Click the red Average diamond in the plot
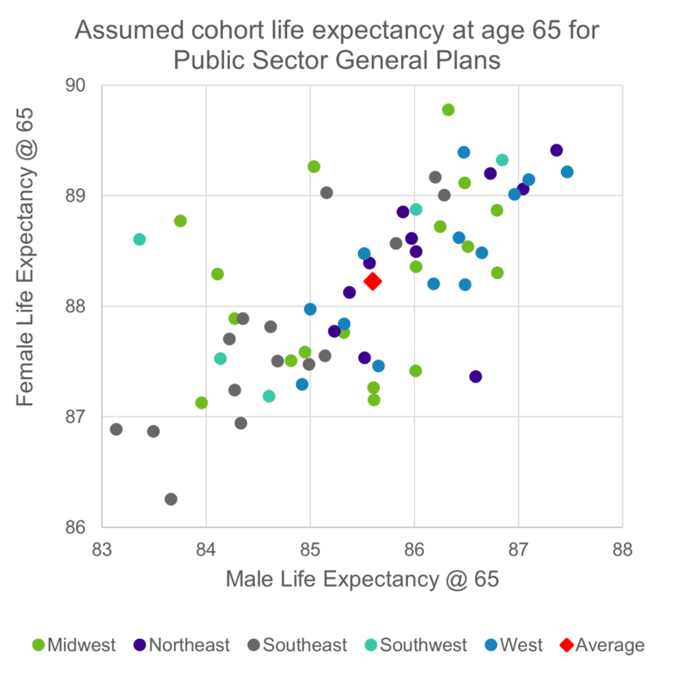point(372,281)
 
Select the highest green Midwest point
point(448,109)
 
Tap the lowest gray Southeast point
point(171,499)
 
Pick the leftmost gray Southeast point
point(116,429)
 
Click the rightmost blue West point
point(567,172)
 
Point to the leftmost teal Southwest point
point(139,239)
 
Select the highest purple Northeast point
point(556,151)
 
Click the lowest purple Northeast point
point(475,376)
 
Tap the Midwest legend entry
point(74,646)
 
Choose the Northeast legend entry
point(180,646)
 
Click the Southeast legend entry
point(296,646)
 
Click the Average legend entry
point(601,646)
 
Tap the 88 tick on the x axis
point(621,550)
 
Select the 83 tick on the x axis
point(102,550)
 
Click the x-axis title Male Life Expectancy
point(362,579)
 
